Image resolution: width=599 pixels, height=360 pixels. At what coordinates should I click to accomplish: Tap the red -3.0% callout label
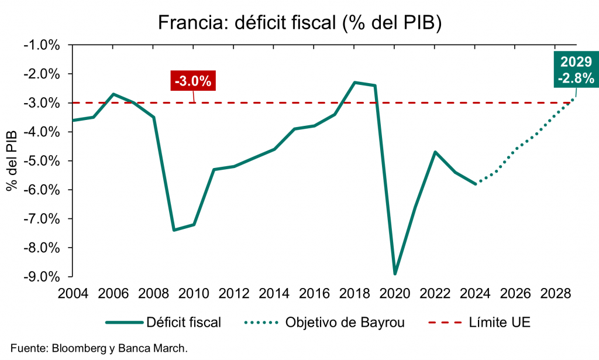coord(193,81)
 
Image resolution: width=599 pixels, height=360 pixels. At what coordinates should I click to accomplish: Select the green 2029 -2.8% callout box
coord(576,70)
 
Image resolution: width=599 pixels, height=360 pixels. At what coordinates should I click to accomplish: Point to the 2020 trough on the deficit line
coord(395,273)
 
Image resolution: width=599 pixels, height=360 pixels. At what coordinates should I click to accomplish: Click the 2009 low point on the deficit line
coord(174,230)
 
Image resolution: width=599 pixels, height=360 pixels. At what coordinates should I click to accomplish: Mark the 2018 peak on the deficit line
coord(355,83)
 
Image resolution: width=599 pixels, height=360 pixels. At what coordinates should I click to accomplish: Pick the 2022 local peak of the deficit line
coord(435,152)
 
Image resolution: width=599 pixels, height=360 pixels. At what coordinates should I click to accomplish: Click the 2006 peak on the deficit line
coord(113,94)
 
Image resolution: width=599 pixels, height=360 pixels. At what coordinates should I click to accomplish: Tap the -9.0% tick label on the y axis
coord(42,276)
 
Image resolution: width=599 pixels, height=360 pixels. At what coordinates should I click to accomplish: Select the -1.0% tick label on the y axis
coord(42,45)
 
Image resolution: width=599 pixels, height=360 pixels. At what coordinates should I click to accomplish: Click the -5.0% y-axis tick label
coord(42,160)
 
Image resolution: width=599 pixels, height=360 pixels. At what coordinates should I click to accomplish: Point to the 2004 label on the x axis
coord(73,293)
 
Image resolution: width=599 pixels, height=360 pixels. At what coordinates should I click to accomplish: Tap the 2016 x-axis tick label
coord(315,293)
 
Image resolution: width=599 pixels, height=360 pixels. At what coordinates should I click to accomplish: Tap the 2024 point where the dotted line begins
coord(476,183)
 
